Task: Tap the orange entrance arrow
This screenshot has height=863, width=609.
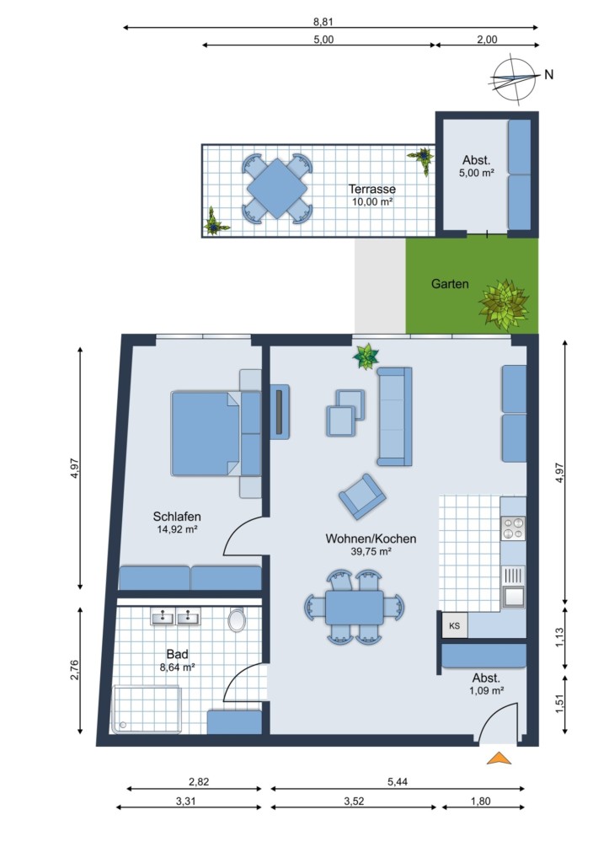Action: tap(499, 758)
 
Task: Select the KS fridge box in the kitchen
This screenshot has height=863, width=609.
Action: tap(455, 626)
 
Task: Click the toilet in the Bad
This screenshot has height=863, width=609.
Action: tap(237, 619)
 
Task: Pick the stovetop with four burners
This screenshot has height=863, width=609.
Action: tap(513, 528)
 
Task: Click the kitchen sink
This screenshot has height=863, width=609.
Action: tap(513, 587)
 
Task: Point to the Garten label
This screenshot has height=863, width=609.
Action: tap(450, 284)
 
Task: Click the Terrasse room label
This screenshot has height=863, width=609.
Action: tap(372, 189)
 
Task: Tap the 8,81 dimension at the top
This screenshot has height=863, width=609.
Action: tap(323, 22)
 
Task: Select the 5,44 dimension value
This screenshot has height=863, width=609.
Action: tap(398, 781)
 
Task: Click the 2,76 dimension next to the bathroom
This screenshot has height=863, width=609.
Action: tap(75, 670)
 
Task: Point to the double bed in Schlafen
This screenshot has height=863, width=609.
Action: tap(216, 433)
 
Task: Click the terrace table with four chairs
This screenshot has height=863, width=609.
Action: tap(277, 189)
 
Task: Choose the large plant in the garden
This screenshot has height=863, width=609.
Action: tap(504, 304)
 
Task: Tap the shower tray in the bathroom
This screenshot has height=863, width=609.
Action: tap(146, 710)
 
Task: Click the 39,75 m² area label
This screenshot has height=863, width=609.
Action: tap(371, 551)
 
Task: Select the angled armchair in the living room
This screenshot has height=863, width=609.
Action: tap(362, 496)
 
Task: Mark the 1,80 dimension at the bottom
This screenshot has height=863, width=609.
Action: tap(480, 801)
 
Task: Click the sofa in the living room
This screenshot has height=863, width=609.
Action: tap(394, 416)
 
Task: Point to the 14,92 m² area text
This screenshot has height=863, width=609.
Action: tap(177, 529)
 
